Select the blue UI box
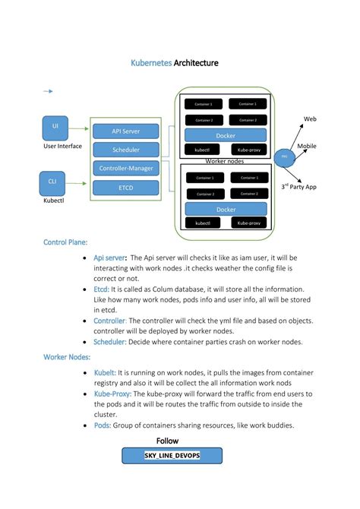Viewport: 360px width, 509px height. pyautogui.click(x=55, y=126)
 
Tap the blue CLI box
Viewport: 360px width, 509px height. pyautogui.click(x=52, y=182)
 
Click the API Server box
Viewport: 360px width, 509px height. pyautogui.click(x=125, y=131)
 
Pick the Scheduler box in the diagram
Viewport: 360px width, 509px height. pyautogui.click(x=125, y=150)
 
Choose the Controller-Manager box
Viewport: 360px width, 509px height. pyautogui.click(x=125, y=168)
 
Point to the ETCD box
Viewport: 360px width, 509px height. pyautogui.click(x=125, y=186)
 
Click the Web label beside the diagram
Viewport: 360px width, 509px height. pyautogui.click(x=310, y=119)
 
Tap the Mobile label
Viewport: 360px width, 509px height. pyautogui.click(x=307, y=146)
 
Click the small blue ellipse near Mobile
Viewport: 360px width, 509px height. pyautogui.click(x=285, y=156)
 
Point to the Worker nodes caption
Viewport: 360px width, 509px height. pyautogui.click(x=224, y=161)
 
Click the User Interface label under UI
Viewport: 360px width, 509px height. pyautogui.click(x=62, y=146)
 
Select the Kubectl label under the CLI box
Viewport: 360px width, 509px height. pyautogui.click(x=52, y=201)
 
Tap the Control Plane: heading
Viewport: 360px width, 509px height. pyautogui.click(x=65, y=242)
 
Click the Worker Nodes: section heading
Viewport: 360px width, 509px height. pyautogui.click(x=67, y=356)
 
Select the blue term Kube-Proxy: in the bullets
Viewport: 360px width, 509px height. pyautogui.click(x=112, y=394)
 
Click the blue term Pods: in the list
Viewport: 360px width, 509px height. pyautogui.click(x=102, y=425)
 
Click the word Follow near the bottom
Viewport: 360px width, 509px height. pyautogui.click(x=167, y=441)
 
